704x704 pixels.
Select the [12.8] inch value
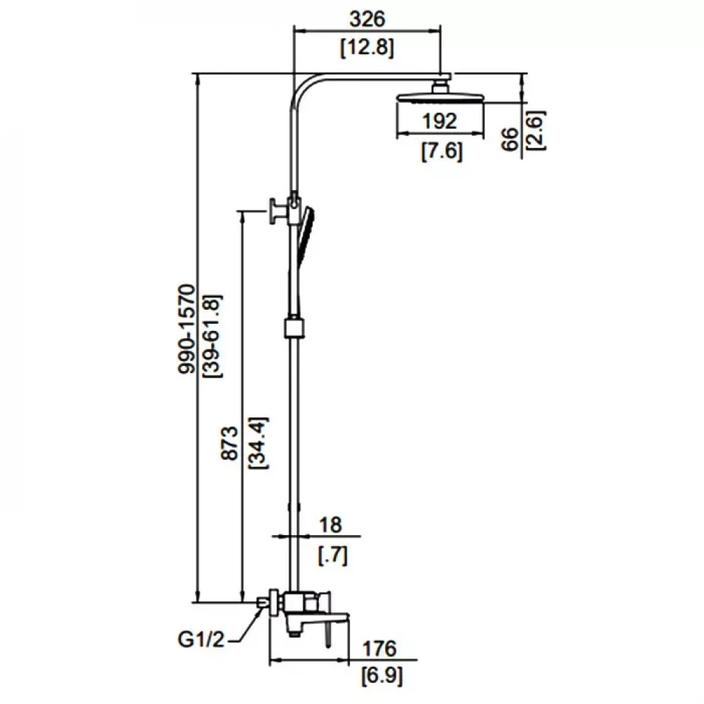(366, 48)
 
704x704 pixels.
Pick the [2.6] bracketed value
(536, 129)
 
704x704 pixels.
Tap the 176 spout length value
(381, 648)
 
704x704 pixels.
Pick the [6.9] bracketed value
(381, 677)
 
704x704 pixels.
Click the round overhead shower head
(440, 97)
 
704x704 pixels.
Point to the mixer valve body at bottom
(301, 604)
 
